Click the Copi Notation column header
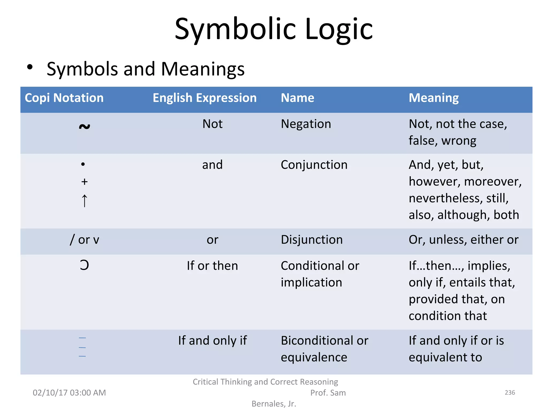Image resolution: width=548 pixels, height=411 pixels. pos(64,98)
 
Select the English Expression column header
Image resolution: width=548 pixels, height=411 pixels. pos(204,98)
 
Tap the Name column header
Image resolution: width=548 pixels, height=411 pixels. pos(297,98)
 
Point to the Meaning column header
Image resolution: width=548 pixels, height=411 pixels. pos(433,98)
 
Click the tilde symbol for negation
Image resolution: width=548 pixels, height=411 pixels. pos(84,126)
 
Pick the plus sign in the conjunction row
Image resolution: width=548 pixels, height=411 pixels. pos(84,182)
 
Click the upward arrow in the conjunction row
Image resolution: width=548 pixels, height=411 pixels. pos(84,201)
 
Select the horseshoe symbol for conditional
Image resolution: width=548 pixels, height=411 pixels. pos(84,265)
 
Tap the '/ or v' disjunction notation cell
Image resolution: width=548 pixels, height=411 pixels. pos(84,240)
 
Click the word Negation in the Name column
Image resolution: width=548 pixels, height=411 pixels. pos(306,124)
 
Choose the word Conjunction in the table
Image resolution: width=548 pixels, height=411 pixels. pos(314,165)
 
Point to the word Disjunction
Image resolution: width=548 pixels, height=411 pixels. pos(311,240)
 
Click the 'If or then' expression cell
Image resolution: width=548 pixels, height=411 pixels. pos(212,266)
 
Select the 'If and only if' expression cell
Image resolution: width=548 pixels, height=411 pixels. pos(212,341)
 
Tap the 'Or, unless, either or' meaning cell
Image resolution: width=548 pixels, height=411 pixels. pos(463,240)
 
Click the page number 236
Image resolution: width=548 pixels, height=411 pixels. pos(510,393)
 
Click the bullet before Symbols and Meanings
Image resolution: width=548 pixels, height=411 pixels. pos(30,67)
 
